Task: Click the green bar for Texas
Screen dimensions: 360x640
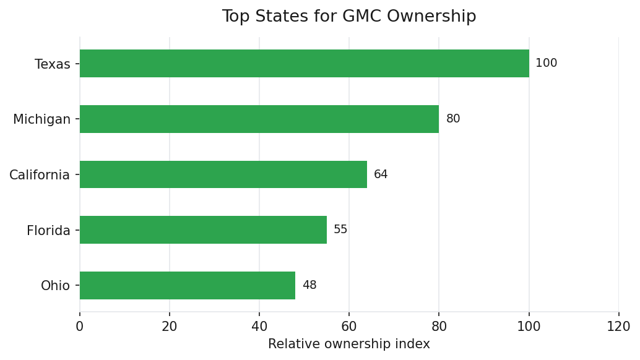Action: [305, 64]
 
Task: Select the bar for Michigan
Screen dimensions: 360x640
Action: [259, 119]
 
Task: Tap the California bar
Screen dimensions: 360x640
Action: [223, 174]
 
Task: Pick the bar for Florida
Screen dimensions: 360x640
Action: [203, 230]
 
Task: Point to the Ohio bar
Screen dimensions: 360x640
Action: [188, 285]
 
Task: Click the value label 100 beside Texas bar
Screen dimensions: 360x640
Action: [546, 64]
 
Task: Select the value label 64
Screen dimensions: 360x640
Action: [381, 174]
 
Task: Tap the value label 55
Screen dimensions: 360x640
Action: [340, 230]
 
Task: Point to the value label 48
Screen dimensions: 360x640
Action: [309, 285]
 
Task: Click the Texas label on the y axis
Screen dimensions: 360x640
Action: [53, 64]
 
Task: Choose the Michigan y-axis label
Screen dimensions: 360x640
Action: [42, 119]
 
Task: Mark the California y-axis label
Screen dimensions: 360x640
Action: [40, 175]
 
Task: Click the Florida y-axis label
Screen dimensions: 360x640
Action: [48, 231]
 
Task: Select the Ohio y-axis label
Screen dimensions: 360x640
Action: [55, 286]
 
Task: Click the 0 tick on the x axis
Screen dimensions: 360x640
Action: [80, 327]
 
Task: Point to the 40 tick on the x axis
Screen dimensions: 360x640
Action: [259, 327]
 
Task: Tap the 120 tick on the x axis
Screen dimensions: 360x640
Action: [618, 327]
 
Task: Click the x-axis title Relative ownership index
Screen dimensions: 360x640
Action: [349, 345]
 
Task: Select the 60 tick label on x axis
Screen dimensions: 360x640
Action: [349, 327]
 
